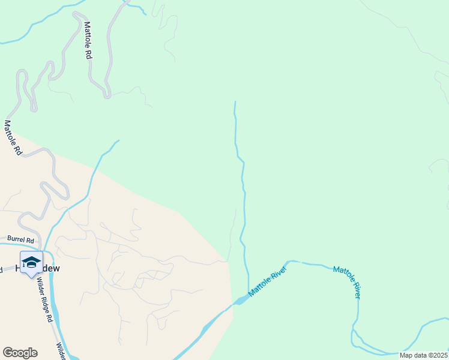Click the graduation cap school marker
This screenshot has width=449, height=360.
point(31,262)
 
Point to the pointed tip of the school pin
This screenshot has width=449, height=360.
point(31,278)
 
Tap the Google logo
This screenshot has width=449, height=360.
point(20,352)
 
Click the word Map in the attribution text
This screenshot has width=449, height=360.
point(407,355)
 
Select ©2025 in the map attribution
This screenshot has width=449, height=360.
point(437,355)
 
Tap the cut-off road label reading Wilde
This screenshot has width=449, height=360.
point(61,352)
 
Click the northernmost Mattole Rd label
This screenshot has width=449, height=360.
point(88,40)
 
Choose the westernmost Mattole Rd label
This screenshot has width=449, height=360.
point(13,138)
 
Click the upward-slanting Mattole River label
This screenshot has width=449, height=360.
point(268,281)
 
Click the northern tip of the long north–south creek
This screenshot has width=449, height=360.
point(235,102)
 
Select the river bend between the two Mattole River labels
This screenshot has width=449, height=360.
point(292,262)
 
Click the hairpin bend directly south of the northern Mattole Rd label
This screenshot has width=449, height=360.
point(107,94)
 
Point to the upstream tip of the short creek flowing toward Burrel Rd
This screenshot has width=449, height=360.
point(118,141)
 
